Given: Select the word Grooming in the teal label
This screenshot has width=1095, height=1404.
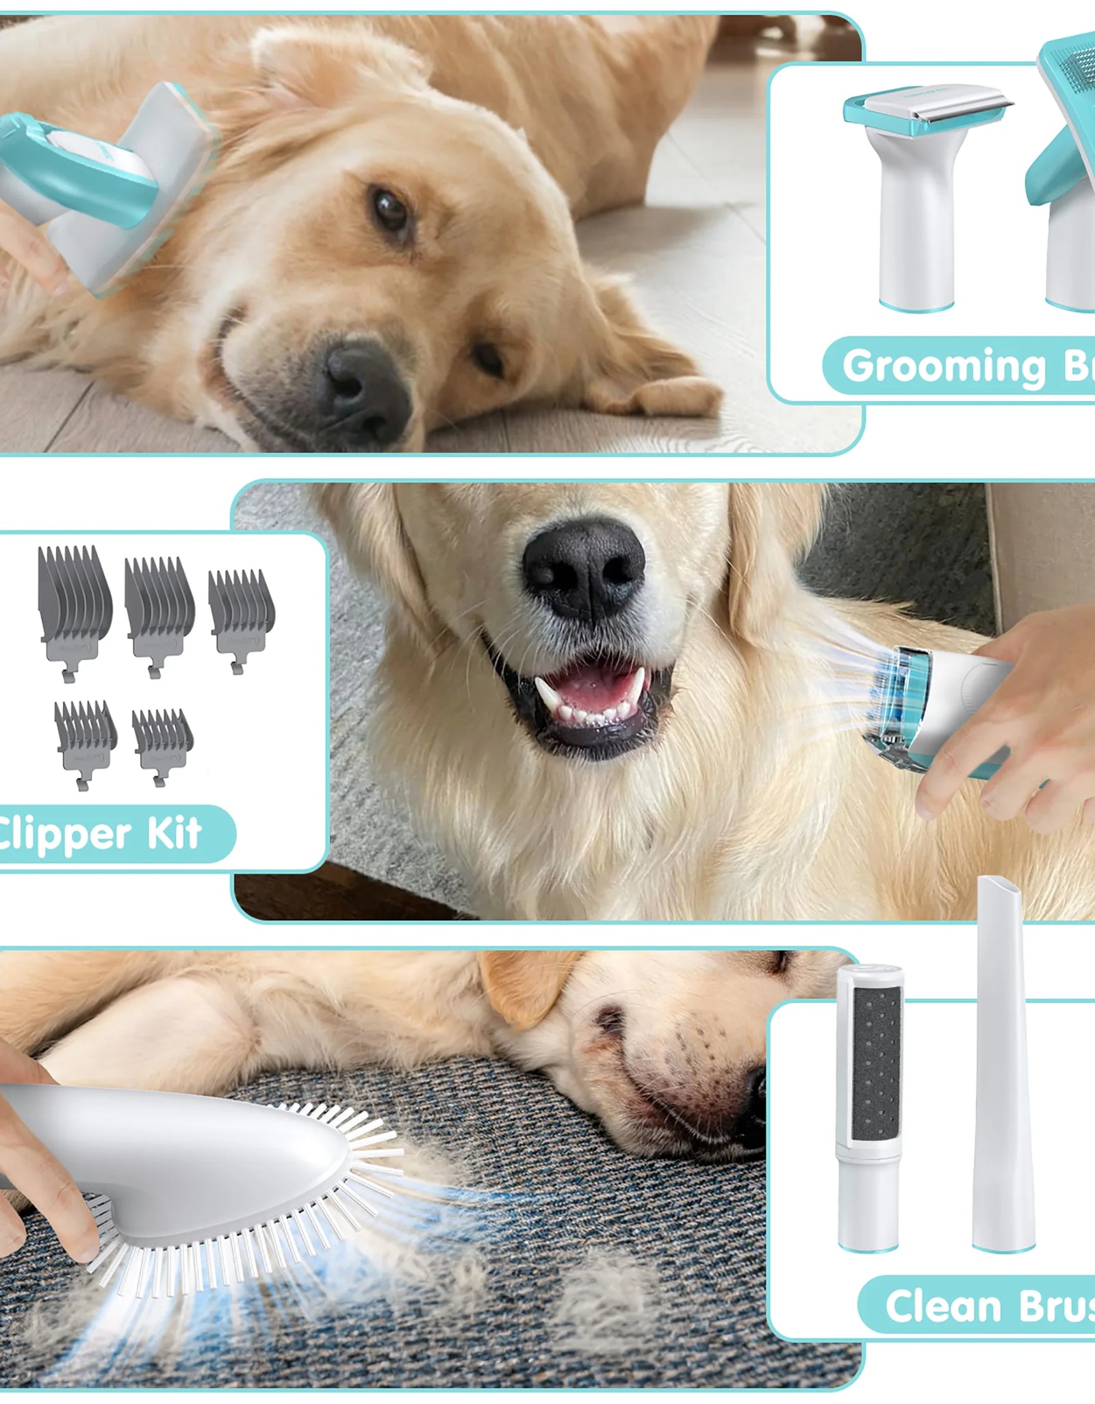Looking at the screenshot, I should click(x=944, y=367).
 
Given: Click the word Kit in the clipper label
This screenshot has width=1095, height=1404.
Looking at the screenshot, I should click(x=174, y=833).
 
